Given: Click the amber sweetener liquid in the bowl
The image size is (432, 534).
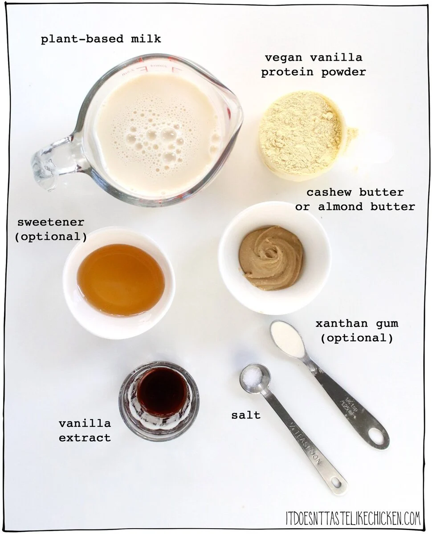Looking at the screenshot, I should (x=120, y=279).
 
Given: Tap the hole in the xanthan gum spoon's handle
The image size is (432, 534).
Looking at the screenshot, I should (x=377, y=437).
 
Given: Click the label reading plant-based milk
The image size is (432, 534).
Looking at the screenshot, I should (x=101, y=39).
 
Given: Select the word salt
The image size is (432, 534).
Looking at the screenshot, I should (x=246, y=415).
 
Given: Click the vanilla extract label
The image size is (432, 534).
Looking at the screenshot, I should (x=85, y=430).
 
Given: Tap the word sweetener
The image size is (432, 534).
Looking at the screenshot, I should (x=51, y=222).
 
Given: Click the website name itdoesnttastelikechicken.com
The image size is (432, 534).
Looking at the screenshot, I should (x=353, y=518).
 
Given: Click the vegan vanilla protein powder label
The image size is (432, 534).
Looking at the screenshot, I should (x=313, y=65).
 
